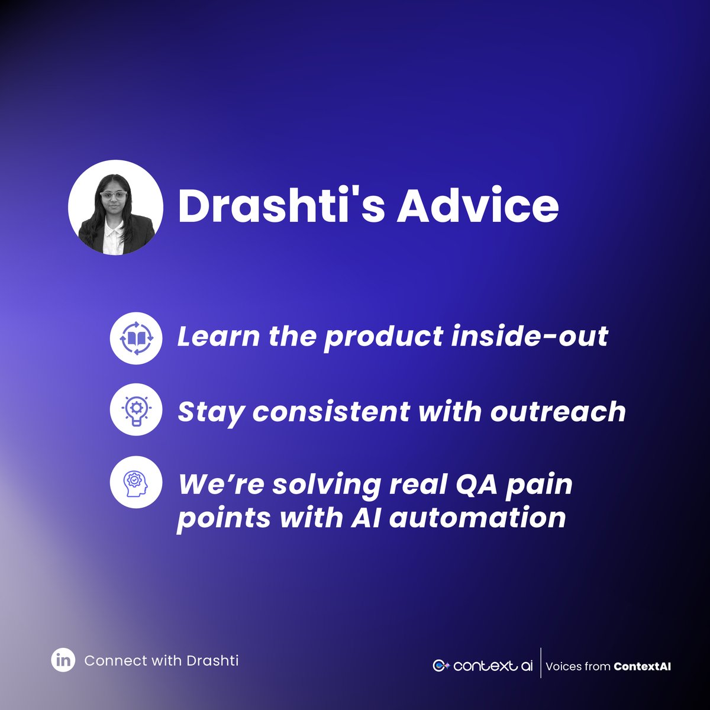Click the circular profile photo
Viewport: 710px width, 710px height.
115,208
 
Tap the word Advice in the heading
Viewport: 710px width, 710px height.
477,206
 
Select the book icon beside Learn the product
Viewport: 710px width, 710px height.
136,338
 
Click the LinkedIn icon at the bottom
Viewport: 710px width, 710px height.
63,660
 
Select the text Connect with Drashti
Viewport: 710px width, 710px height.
162,660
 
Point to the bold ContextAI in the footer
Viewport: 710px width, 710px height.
642,666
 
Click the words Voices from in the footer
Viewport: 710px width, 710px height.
577,666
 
